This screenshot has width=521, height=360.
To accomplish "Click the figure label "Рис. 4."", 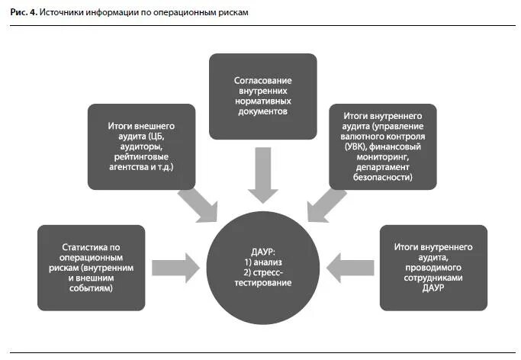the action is [x=23, y=13].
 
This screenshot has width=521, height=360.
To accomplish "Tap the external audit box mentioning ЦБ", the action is [x=142, y=146].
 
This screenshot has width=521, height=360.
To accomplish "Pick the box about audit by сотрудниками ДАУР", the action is [x=433, y=267].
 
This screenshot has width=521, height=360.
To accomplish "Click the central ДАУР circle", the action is [x=262, y=268].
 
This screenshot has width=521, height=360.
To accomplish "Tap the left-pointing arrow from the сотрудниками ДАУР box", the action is [x=349, y=267].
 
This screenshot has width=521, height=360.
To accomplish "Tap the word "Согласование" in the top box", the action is [x=262, y=80].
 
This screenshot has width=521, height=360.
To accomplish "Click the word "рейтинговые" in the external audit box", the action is [x=142, y=156].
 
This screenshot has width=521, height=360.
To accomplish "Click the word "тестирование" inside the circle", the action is [x=262, y=282].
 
